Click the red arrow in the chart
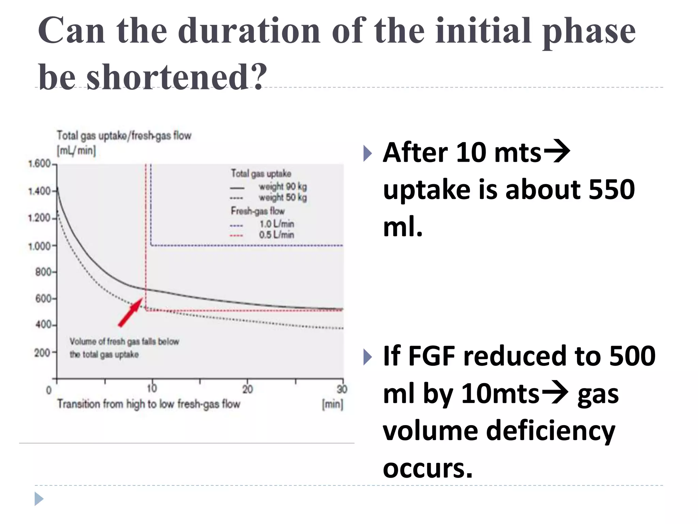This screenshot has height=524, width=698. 131,312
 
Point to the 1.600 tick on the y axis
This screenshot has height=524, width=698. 39,164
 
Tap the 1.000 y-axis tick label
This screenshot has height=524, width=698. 39,246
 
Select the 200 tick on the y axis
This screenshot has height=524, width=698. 42,352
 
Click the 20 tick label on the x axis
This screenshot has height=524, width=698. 247,389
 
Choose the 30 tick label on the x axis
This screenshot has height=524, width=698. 342,389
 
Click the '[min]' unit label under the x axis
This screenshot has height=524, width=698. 332,404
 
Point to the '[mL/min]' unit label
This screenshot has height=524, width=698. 76,150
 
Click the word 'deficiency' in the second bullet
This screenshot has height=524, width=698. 550,431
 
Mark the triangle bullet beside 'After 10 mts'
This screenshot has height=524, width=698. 367,153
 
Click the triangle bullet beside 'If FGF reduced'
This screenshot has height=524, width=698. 367,357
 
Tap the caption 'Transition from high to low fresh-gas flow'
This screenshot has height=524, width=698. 149,404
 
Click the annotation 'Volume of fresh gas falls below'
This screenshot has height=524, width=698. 124,341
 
